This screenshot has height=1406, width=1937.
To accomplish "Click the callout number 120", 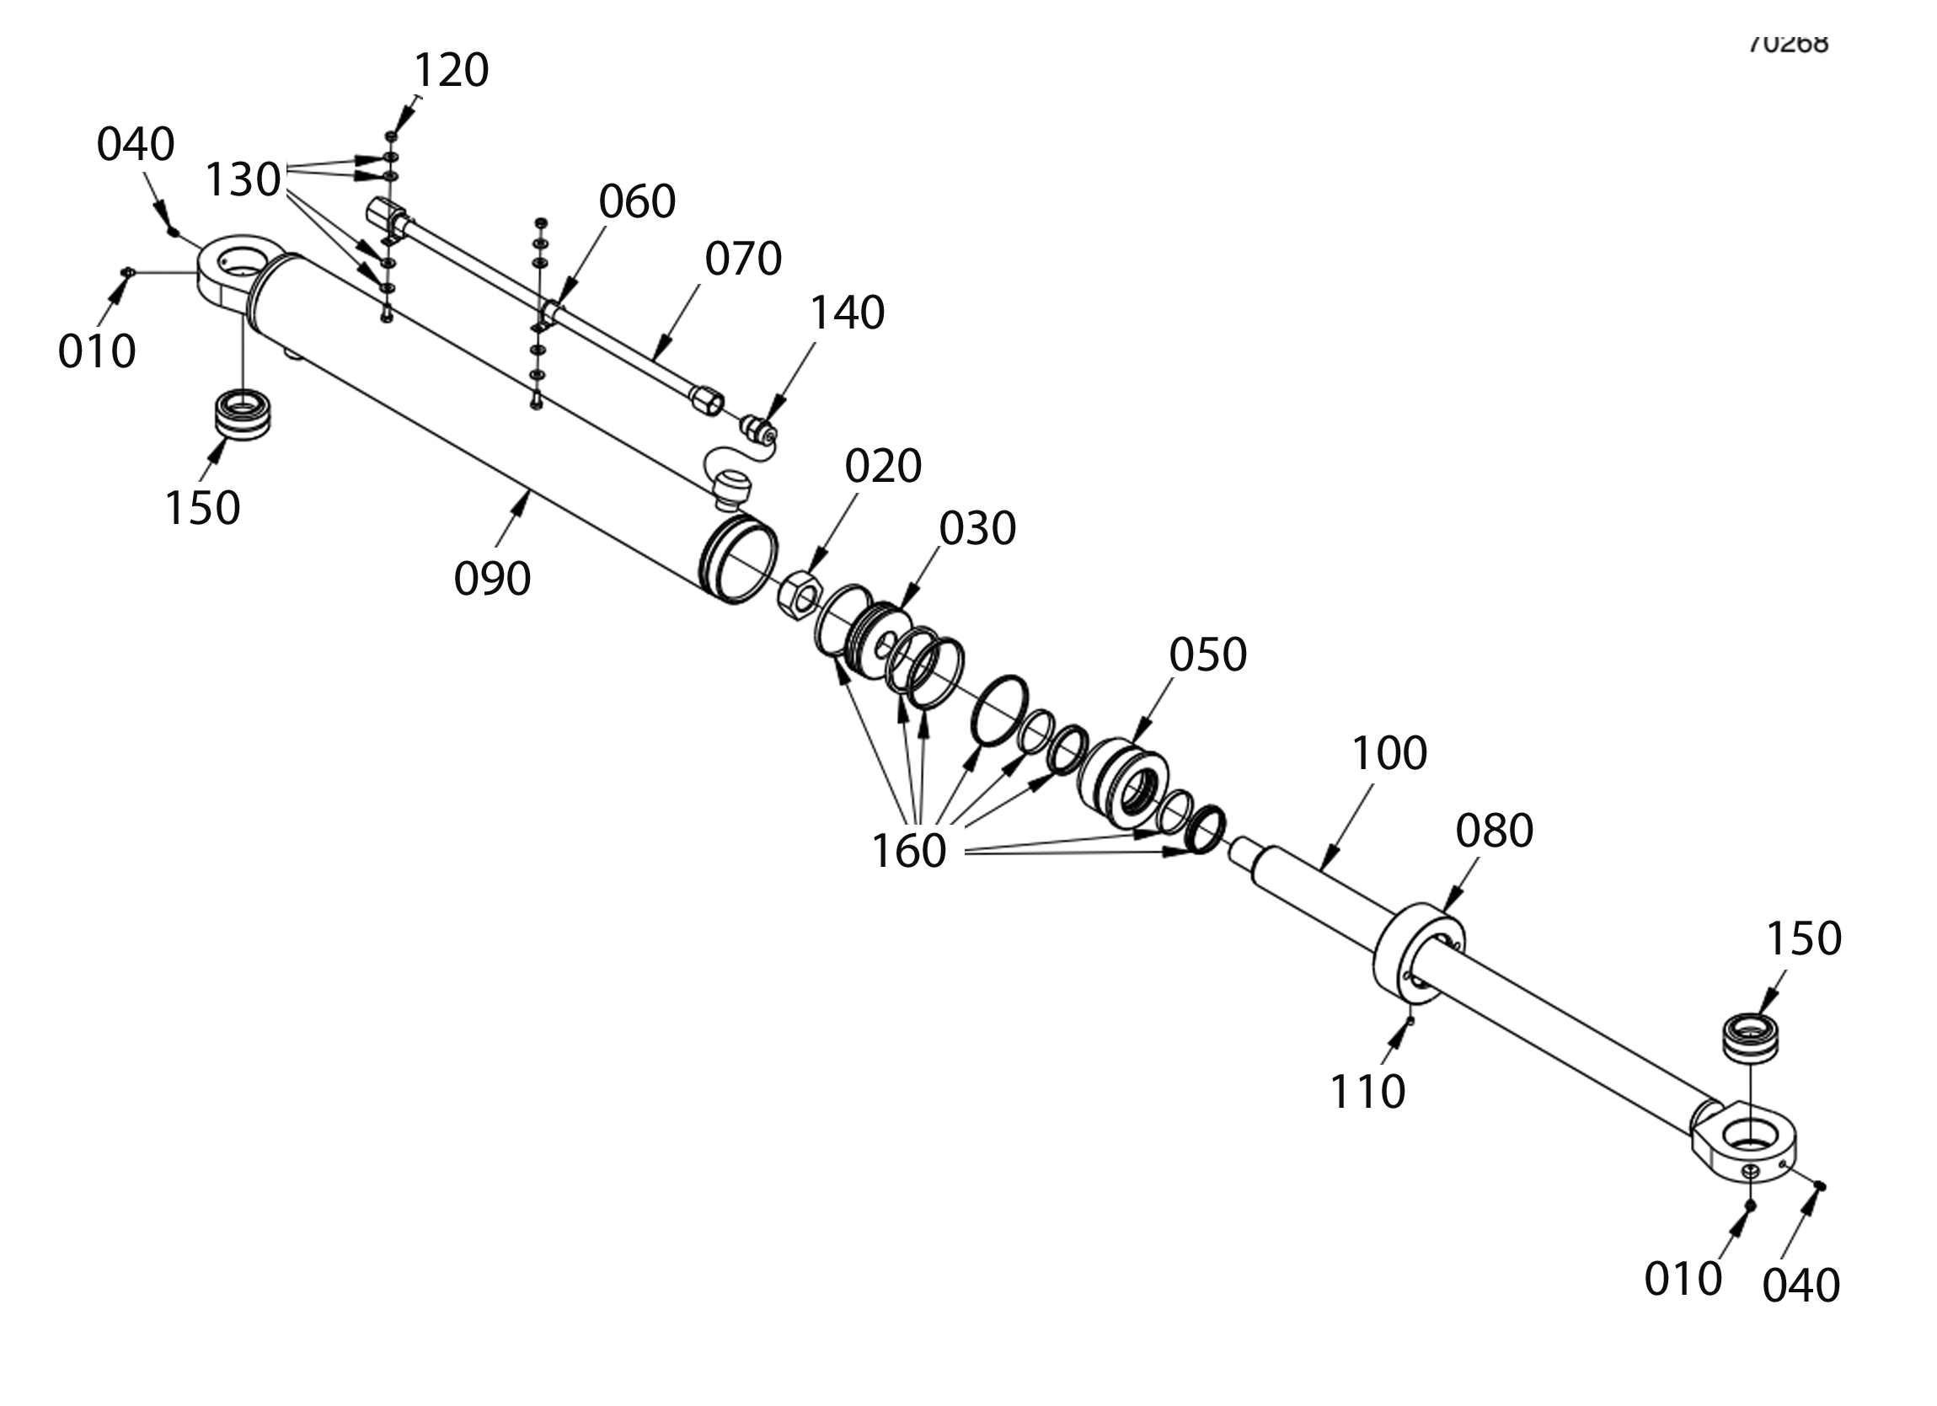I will tap(451, 70).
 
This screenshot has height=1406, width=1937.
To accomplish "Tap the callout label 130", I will tap(243, 179).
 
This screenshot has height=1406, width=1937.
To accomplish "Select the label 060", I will tap(637, 201).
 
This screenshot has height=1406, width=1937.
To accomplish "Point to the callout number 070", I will tap(743, 258).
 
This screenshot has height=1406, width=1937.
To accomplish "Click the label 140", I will tap(847, 313).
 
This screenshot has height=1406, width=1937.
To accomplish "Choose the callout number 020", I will tap(883, 467).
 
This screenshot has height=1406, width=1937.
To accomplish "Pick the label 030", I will tap(977, 529).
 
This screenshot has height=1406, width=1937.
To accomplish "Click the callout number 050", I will tap(1207, 655).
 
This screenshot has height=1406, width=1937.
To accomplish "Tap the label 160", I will tap(909, 851).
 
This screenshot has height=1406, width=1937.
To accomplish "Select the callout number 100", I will tap(1389, 753).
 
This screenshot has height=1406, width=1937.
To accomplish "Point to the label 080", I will tap(1495, 831).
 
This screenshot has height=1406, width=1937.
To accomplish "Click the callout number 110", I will tap(1367, 1092).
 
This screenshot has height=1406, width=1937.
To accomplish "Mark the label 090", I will tap(492, 579).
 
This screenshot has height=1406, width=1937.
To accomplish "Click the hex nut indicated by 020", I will tap(800, 596).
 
